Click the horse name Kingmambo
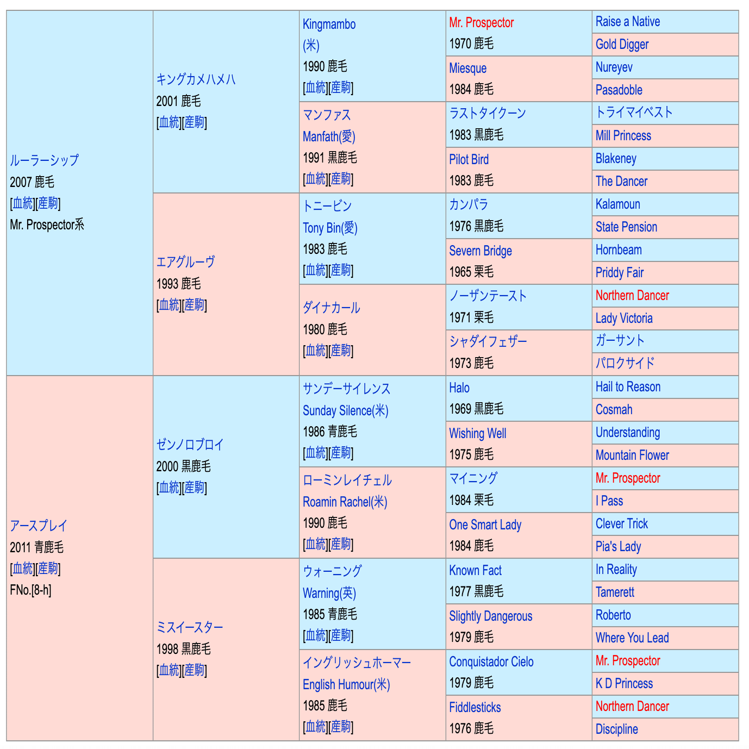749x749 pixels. [329, 24]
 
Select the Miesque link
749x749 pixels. [467, 68]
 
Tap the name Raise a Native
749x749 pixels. [627, 22]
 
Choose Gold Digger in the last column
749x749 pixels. [622, 45]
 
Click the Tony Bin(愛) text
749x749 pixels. [330, 228]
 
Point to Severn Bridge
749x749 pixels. [480, 251]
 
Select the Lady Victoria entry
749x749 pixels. [623, 319]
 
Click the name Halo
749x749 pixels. [459, 388]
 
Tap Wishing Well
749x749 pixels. [477, 434]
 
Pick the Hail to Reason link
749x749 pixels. [628, 387]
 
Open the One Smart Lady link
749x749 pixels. [485, 525]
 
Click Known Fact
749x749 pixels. [475, 571]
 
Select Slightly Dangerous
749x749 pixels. [490, 616]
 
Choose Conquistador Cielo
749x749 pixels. [491, 662]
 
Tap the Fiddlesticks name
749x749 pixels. [475, 708]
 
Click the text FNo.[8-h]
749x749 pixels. [30, 590]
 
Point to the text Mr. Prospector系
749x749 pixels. [47, 224]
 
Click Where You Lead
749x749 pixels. [632, 638]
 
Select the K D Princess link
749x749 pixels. [624, 684]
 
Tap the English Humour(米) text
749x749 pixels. [346, 684]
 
